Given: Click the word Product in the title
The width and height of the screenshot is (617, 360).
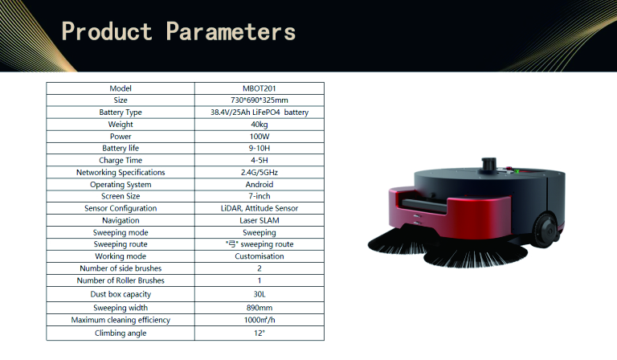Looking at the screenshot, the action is (x=107, y=31).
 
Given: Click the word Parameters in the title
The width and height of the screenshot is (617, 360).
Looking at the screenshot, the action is (x=231, y=31).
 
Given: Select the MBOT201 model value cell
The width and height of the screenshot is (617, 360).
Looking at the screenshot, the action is (x=259, y=88).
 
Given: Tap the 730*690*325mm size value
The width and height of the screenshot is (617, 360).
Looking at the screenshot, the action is (x=259, y=100).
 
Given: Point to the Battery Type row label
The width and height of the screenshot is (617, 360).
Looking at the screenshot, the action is (x=121, y=112).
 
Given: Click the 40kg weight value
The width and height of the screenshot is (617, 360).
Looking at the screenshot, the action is (x=259, y=125).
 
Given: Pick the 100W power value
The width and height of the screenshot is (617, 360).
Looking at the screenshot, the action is (x=259, y=137).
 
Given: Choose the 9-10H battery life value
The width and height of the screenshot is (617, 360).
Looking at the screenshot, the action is (x=259, y=149).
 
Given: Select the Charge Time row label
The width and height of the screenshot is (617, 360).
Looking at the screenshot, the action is (x=121, y=161).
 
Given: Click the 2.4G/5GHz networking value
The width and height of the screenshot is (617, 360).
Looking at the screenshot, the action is (x=259, y=172).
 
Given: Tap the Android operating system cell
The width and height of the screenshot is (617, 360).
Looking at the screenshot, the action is (x=259, y=185).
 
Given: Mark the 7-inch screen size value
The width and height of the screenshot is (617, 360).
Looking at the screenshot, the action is (x=259, y=196).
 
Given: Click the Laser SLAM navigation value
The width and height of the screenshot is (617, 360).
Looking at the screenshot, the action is (x=259, y=220).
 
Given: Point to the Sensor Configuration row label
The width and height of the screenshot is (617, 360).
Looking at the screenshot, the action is (x=121, y=208).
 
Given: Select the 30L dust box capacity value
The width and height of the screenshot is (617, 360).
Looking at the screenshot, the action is (x=259, y=294).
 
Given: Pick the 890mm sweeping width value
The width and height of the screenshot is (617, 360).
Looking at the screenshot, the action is (x=259, y=308).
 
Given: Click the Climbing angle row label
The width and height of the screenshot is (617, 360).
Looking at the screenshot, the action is (x=121, y=333).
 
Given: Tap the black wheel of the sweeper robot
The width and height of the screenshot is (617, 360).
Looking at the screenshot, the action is (x=545, y=231).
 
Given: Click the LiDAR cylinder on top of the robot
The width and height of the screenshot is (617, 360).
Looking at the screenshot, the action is (x=488, y=165).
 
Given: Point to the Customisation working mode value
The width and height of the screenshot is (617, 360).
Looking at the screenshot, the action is (x=259, y=256).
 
